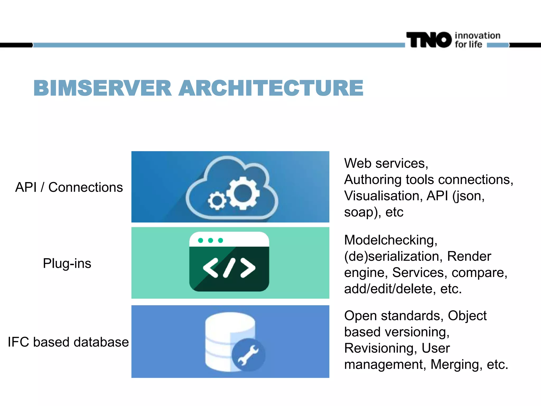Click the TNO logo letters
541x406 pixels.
(429, 40)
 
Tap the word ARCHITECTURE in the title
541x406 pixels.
(271, 88)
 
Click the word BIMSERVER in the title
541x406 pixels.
(102, 88)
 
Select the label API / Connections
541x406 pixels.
(69, 187)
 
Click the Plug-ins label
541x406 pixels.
(67, 264)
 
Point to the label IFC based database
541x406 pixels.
(68, 342)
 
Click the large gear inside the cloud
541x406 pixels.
(243, 193)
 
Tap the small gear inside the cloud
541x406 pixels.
(217, 201)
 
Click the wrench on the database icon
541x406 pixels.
(248, 355)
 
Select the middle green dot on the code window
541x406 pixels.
(211, 240)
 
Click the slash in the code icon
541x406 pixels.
(229, 268)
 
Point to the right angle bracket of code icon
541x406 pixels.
(248, 268)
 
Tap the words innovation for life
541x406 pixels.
(477, 40)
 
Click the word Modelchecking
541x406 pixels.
(390, 240)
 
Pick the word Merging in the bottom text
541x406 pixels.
(454, 365)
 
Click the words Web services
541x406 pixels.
(386, 163)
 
